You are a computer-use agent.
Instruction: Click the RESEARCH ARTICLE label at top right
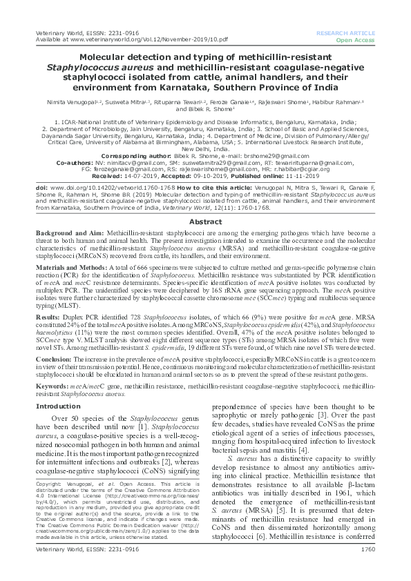click(346, 33)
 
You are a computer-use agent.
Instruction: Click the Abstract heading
click(205, 222)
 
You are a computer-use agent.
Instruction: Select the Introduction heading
click(57, 406)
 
